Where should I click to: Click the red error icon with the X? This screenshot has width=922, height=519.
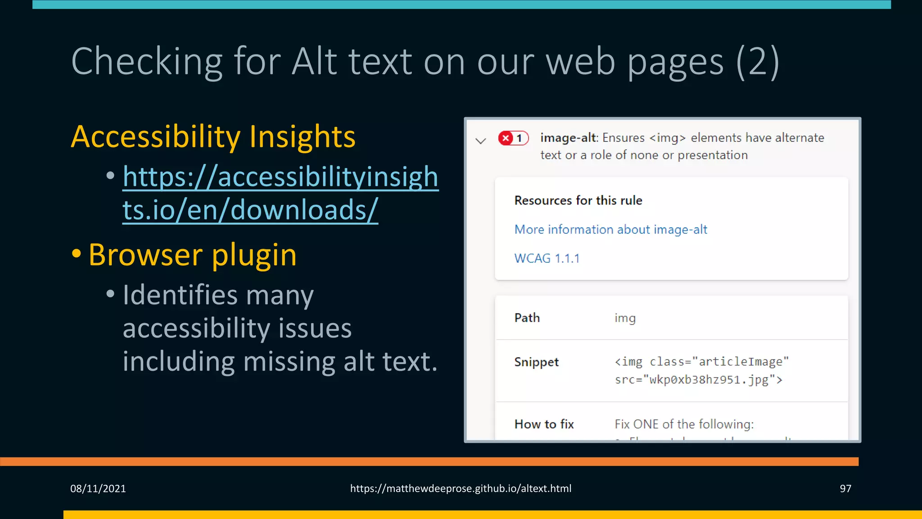pyautogui.click(x=506, y=138)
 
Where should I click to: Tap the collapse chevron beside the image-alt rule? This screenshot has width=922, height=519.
pyautogui.click(x=481, y=141)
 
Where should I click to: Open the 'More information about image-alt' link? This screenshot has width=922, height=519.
pyautogui.click(x=610, y=229)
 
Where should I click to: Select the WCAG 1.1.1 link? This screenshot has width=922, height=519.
pyautogui.click(x=547, y=258)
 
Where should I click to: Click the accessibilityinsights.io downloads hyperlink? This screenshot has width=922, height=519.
pyautogui.click(x=280, y=193)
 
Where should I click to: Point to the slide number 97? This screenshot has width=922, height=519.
pyautogui.click(x=845, y=488)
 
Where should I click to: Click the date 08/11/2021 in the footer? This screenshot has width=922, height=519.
pyautogui.click(x=98, y=488)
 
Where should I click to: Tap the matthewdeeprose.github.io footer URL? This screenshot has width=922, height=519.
pyautogui.click(x=461, y=488)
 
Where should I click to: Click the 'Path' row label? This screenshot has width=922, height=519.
pyautogui.click(x=527, y=318)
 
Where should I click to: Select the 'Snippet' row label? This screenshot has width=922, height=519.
pyautogui.click(x=536, y=362)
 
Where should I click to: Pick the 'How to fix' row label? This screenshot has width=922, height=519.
pyautogui.click(x=544, y=424)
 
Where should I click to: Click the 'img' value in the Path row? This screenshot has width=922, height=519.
pyautogui.click(x=625, y=318)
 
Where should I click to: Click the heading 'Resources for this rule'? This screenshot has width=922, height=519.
pyautogui.click(x=578, y=200)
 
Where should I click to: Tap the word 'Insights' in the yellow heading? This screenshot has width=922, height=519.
pyautogui.click(x=302, y=137)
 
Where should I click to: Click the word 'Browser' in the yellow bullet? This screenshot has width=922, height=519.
pyautogui.click(x=145, y=255)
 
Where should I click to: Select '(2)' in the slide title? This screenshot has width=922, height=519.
pyautogui.click(x=757, y=61)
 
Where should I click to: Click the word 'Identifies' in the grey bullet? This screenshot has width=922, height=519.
pyautogui.click(x=180, y=295)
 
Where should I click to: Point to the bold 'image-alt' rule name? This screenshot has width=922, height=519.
pyautogui.click(x=568, y=137)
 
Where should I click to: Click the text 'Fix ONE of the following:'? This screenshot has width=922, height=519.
pyautogui.click(x=684, y=424)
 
